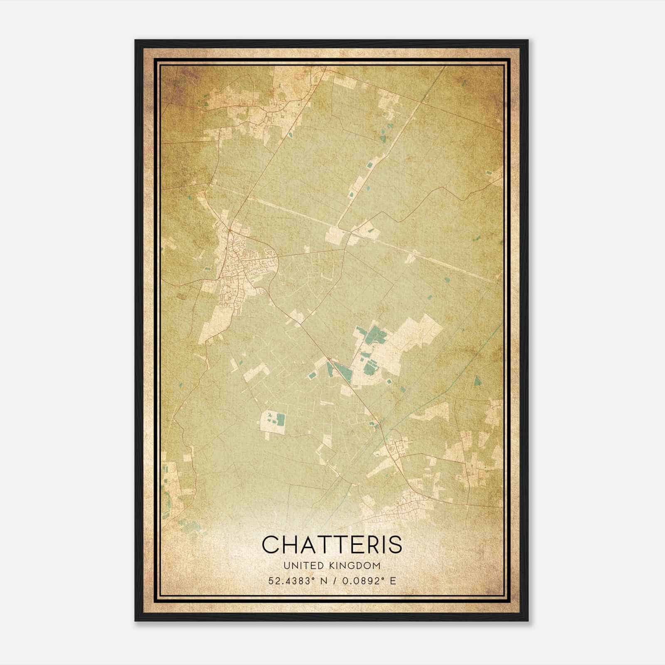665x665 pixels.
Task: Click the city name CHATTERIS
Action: click(x=332, y=544)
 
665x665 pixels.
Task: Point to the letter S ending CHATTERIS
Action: click(x=396, y=544)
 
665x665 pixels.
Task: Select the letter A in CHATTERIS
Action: click(x=307, y=544)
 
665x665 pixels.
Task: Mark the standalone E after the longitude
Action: click(x=393, y=581)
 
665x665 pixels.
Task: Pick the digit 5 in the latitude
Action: click(x=271, y=581)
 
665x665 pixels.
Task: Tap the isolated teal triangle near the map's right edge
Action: click(x=476, y=381)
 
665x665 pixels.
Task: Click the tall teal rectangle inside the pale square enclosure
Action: click(x=281, y=420)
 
